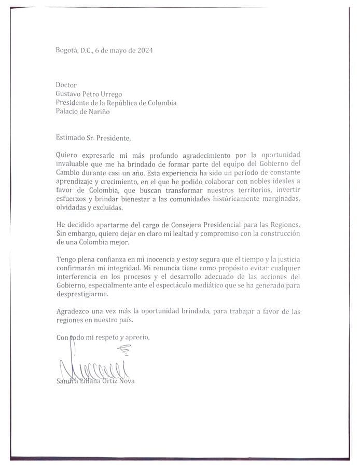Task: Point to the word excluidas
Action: click(107, 208)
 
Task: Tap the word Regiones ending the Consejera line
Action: click(286, 225)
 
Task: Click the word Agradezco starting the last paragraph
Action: click(74, 312)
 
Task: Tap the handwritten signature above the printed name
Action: click(93, 366)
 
